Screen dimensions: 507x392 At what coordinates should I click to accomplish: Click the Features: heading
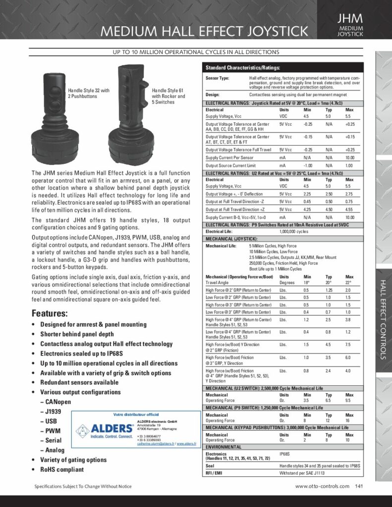coord(50,313)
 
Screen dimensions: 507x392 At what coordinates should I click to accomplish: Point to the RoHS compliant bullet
coord(62,469)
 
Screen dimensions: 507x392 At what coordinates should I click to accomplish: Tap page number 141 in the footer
coord(360,486)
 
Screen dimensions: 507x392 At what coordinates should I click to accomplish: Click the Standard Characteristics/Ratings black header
coord(243,68)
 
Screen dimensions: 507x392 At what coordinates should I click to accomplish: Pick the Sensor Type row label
coord(217,78)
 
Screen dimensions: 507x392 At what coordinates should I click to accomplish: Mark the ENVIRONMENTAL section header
coord(224,446)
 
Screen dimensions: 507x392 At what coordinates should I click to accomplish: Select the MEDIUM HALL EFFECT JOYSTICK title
coord(204,32)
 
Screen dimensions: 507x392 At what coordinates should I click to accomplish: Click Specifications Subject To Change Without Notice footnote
coord(83,487)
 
